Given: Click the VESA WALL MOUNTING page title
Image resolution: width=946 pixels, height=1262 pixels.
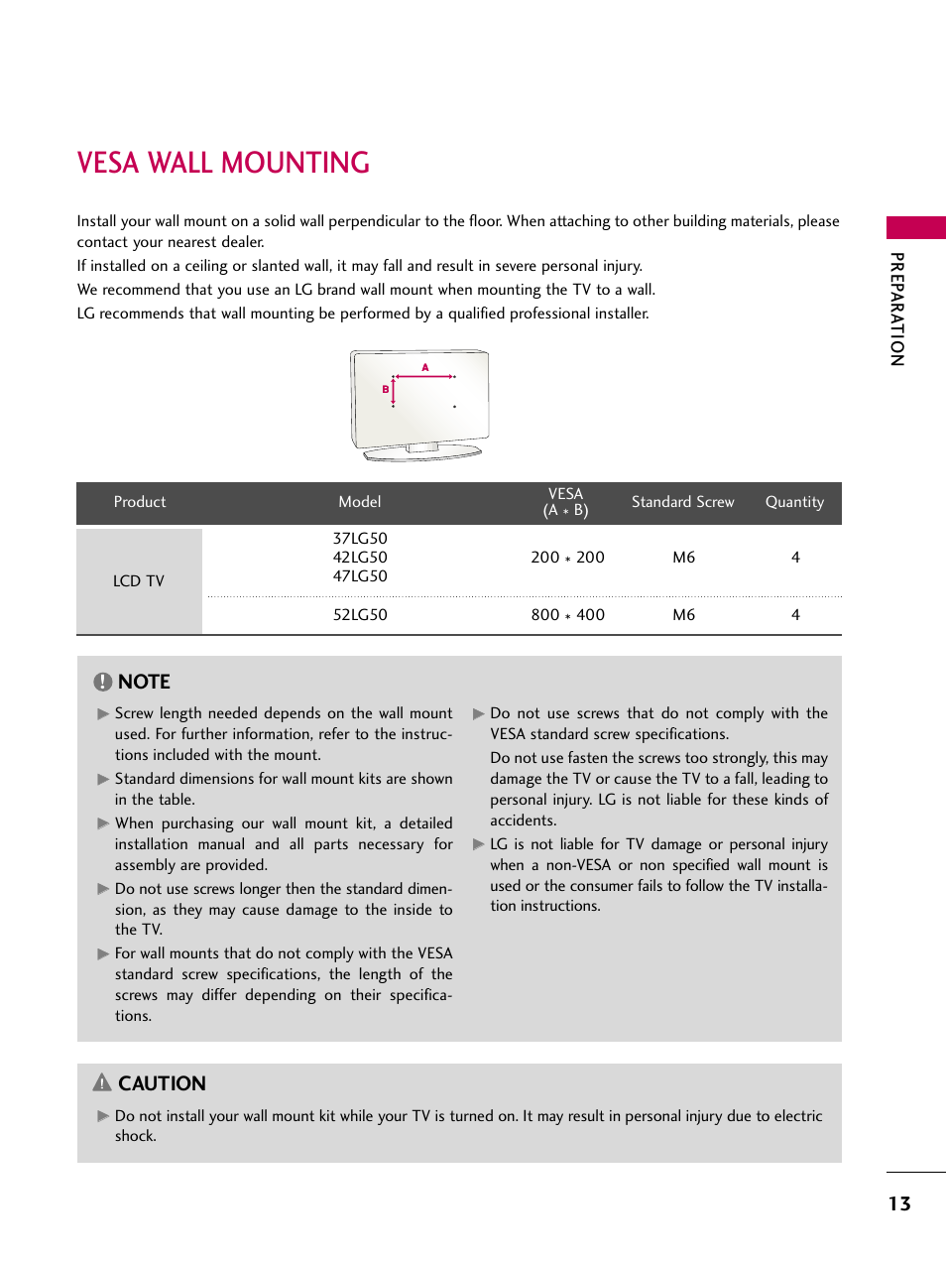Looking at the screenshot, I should (x=223, y=163).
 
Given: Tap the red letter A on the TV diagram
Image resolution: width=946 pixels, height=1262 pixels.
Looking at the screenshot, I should (x=425, y=368).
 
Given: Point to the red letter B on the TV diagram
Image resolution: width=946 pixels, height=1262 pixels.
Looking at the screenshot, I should (x=386, y=390).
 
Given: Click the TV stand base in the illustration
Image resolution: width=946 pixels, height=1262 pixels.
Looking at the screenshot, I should (x=422, y=453).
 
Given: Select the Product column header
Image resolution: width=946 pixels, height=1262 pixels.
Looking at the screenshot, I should (x=140, y=502).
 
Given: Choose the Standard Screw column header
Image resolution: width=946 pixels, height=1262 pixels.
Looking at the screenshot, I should (x=682, y=502).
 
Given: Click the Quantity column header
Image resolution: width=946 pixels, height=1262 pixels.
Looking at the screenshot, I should (x=794, y=502).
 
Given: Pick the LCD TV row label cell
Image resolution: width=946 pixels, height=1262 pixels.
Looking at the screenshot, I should (x=139, y=580).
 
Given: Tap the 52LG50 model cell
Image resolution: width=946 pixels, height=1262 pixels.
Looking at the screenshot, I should (x=360, y=615).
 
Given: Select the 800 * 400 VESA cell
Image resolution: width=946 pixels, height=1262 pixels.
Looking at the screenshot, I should (x=567, y=615).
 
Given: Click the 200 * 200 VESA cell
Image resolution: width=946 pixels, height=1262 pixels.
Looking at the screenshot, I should (x=567, y=558).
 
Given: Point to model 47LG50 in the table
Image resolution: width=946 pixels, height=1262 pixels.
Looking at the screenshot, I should (x=360, y=576).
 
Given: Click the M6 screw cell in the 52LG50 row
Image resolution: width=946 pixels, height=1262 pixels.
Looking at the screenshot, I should (x=683, y=615).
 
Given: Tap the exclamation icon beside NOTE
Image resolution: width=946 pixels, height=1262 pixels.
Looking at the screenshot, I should (x=103, y=682).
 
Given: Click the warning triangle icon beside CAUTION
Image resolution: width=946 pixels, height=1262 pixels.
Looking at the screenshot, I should (x=102, y=1082).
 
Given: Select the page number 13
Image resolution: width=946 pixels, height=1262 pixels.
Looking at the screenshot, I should (x=899, y=1203).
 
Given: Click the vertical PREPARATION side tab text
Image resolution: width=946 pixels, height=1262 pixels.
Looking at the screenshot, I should (x=897, y=309).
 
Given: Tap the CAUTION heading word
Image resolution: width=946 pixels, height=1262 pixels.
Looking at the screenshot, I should (x=162, y=1083).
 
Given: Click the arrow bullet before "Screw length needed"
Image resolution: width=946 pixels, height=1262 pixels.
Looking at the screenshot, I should (x=103, y=713).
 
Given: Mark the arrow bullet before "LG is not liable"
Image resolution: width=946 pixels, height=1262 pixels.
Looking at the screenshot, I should (x=479, y=844).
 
